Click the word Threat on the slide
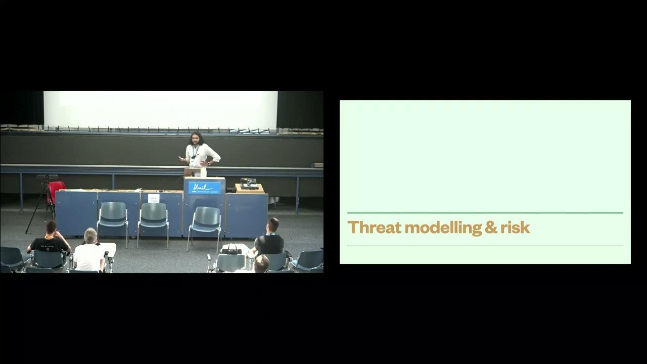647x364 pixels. (374, 227)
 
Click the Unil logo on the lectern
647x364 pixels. (204, 188)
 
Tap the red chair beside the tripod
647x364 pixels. (56, 192)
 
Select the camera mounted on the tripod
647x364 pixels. (47, 177)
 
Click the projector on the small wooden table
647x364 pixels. (249, 184)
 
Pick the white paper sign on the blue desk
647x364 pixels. (154, 198)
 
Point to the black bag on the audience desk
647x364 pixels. (232, 249)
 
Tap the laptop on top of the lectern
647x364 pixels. (190, 172)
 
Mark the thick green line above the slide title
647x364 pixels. (485, 213)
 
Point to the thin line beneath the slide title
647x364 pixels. (485, 246)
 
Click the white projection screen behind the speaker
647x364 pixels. (161, 109)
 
